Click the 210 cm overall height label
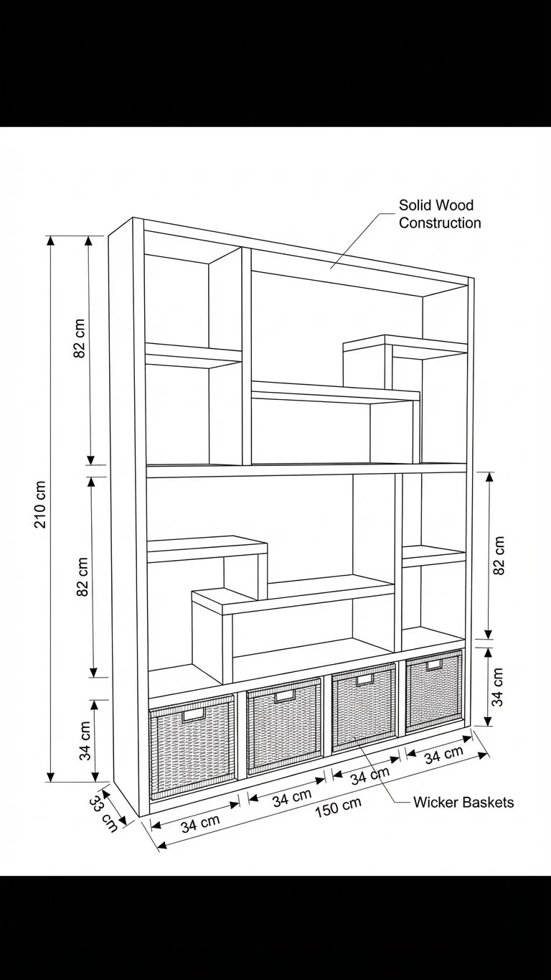(40, 505)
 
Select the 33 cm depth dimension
(103, 813)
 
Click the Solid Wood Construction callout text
(440, 214)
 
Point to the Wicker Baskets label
(463, 803)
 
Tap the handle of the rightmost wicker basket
(434, 665)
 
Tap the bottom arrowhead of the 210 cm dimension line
(51, 777)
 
